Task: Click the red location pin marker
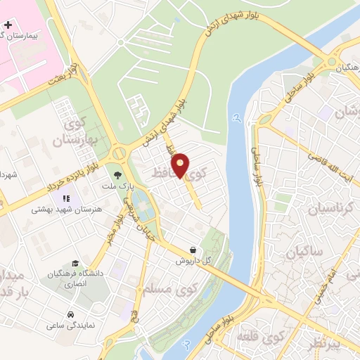click(181, 165)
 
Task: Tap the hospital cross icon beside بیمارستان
click(8, 25)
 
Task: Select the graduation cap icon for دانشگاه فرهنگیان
click(75, 263)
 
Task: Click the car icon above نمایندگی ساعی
click(71, 314)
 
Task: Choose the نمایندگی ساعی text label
click(70, 326)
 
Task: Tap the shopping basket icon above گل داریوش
click(193, 249)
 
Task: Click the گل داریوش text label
click(193, 260)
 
